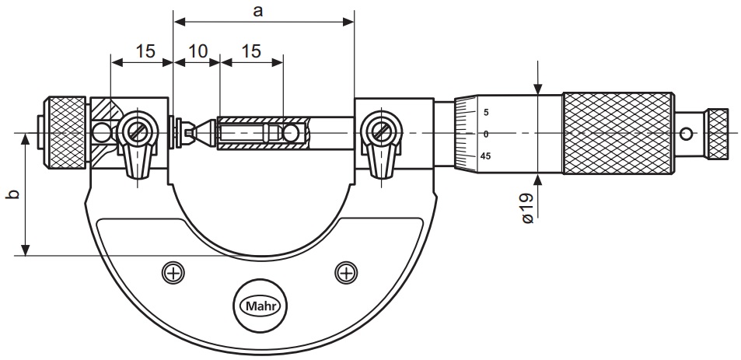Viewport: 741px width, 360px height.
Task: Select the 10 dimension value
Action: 197,51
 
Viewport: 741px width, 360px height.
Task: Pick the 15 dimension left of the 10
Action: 145,51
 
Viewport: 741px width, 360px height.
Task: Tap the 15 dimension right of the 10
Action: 250,51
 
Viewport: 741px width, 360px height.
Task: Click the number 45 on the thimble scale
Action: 485,156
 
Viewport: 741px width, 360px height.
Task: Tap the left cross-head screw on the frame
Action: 173,272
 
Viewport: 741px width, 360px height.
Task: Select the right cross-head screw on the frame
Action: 345,272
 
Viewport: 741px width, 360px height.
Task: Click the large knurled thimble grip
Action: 618,134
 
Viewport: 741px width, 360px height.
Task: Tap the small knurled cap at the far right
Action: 717,134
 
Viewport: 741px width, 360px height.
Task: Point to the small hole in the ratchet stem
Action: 686,135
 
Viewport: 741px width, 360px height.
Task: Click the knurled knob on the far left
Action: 66,132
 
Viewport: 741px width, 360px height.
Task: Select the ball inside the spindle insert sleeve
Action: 292,133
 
